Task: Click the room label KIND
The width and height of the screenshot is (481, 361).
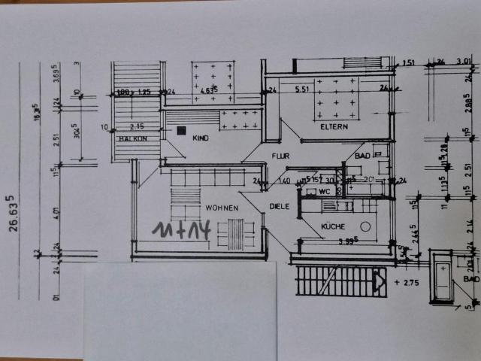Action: pos(200,139)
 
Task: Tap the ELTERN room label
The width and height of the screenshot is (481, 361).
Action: pos(334,127)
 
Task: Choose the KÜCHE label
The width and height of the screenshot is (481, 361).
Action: pos(332,226)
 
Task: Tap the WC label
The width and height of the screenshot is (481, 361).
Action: pos(325,192)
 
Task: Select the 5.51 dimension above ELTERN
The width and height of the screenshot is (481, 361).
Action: pos(302,89)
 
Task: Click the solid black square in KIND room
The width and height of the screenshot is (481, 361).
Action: pos(181,129)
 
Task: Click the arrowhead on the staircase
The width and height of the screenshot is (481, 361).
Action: pos(380,283)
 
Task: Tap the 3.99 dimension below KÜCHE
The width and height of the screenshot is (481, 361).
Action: pos(346,241)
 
